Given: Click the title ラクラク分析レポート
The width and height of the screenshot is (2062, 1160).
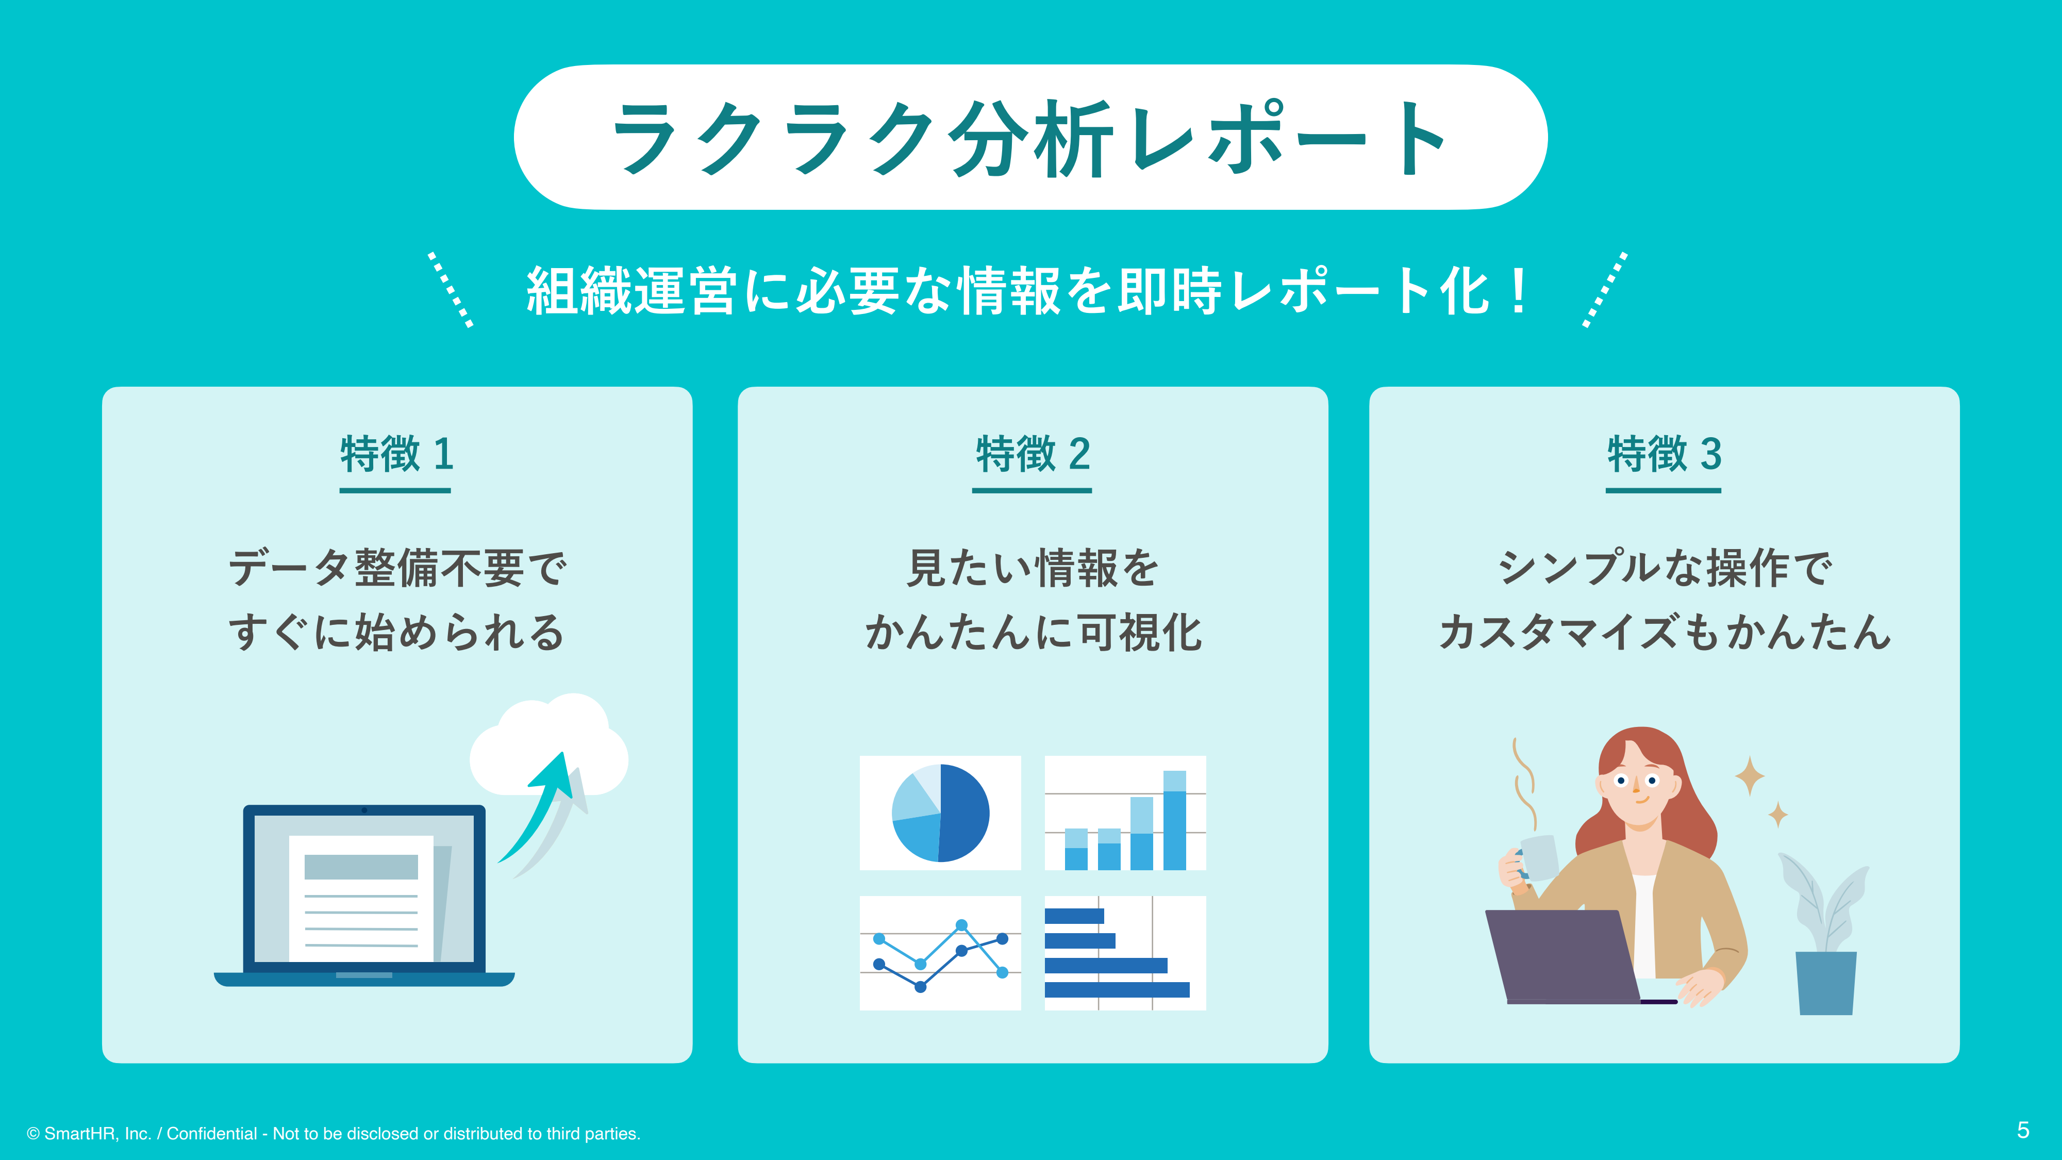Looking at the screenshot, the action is point(1030,138).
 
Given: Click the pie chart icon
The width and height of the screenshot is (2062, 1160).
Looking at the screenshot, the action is point(941,813).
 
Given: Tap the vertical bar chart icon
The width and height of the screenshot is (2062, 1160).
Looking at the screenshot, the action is point(1125,813).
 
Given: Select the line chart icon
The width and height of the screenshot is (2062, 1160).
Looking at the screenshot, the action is point(941,953).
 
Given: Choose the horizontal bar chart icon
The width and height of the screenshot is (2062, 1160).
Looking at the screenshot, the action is point(1125,953).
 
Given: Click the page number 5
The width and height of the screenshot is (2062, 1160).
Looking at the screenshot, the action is point(2023,1130).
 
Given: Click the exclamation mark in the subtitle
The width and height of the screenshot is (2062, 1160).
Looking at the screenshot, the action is point(1517,290).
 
